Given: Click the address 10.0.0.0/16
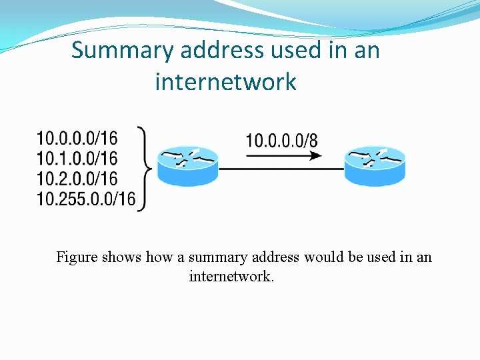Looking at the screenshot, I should (77, 139).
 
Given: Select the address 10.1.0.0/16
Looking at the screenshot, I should (77, 158).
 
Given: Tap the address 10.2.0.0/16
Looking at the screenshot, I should (77, 178).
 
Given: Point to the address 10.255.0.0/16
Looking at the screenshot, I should (86, 198).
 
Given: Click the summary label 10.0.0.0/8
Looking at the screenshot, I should (281, 141).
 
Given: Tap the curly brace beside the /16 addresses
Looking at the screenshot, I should (145, 168).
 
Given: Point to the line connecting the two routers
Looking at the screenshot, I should (281, 169).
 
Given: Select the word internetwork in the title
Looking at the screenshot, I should (225, 83).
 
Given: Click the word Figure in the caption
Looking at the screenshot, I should (77, 257).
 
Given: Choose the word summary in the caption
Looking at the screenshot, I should (217, 257).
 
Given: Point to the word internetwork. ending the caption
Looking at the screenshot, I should (231, 276).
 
